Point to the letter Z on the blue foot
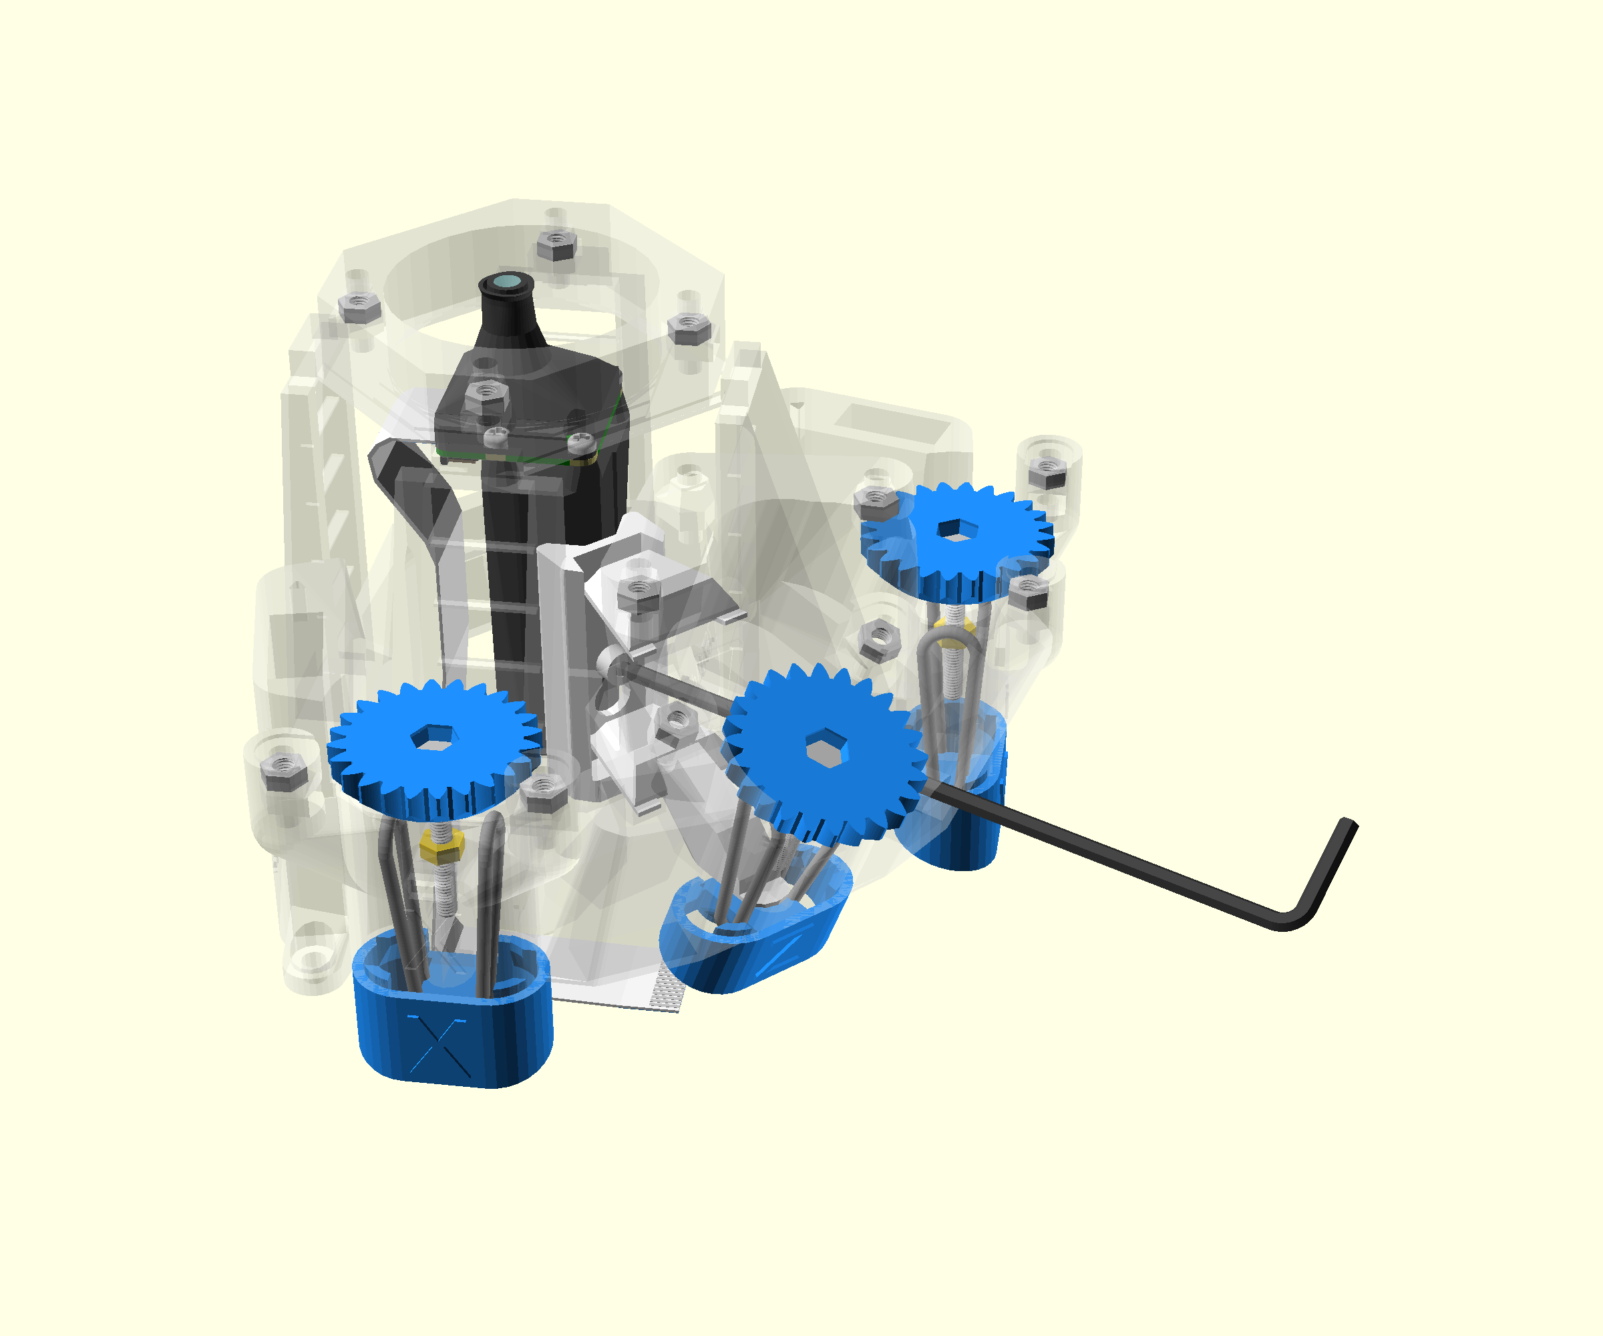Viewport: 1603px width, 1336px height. coord(781,955)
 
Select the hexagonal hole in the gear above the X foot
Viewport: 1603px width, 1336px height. coord(433,737)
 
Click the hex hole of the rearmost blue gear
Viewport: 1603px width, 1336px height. coord(953,528)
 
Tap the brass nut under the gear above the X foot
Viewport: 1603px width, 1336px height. coord(442,846)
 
